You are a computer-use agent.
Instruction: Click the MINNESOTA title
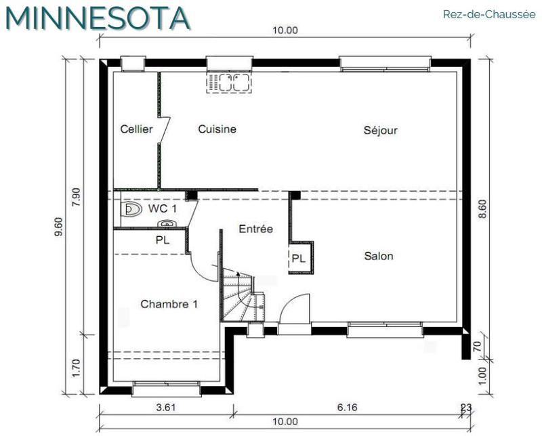(98, 18)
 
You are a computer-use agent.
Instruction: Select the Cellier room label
(137, 129)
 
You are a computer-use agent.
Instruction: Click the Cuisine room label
(217, 129)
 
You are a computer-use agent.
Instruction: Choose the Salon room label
(378, 256)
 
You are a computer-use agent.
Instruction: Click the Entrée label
(255, 230)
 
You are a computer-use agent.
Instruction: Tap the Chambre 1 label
(169, 305)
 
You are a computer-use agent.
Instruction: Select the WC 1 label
(162, 209)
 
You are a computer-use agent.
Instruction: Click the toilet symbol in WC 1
(129, 210)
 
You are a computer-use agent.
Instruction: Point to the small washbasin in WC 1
(166, 223)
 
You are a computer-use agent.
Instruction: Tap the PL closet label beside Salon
(298, 258)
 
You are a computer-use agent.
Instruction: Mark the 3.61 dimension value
(166, 408)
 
